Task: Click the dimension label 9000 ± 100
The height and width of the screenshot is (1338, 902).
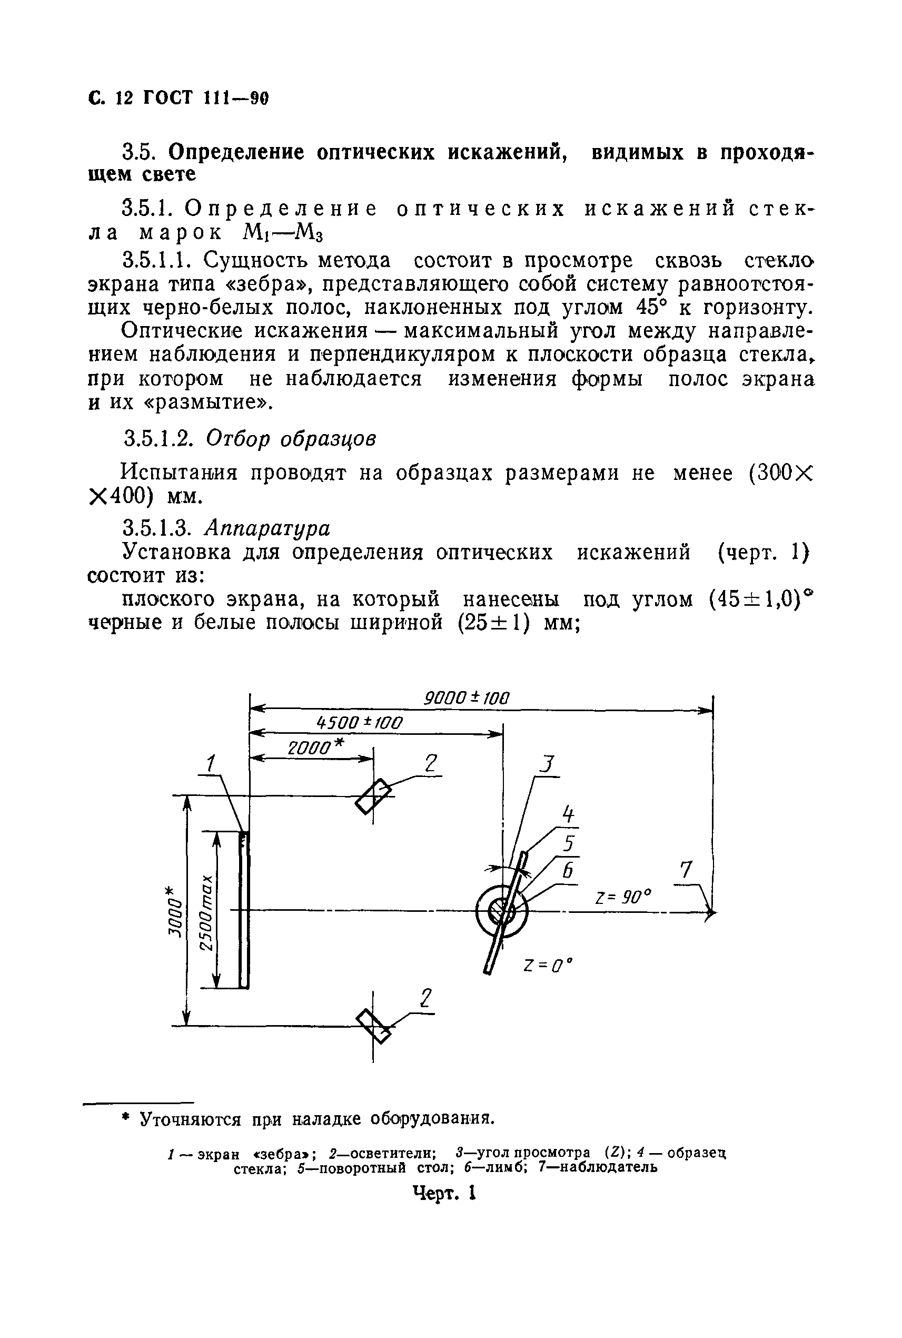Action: tap(467, 698)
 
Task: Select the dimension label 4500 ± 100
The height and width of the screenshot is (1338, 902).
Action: tap(360, 723)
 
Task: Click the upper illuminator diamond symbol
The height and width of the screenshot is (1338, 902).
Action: tap(373, 796)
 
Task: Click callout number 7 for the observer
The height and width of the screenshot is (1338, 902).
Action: tap(686, 870)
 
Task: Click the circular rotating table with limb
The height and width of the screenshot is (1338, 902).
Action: tap(502, 911)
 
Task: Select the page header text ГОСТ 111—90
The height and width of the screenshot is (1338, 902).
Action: tap(205, 99)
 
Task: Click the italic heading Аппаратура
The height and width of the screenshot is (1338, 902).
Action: tap(269, 528)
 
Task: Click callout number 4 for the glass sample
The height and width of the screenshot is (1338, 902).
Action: tap(568, 814)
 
